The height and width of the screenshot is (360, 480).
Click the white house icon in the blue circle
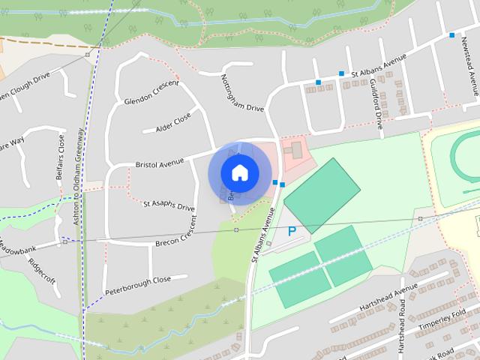click(239, 172)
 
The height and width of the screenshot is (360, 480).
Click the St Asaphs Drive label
click(169, 205)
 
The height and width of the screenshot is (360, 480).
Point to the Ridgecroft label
click(42, 268)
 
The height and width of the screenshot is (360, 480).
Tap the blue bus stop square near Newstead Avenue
click(451, 35)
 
